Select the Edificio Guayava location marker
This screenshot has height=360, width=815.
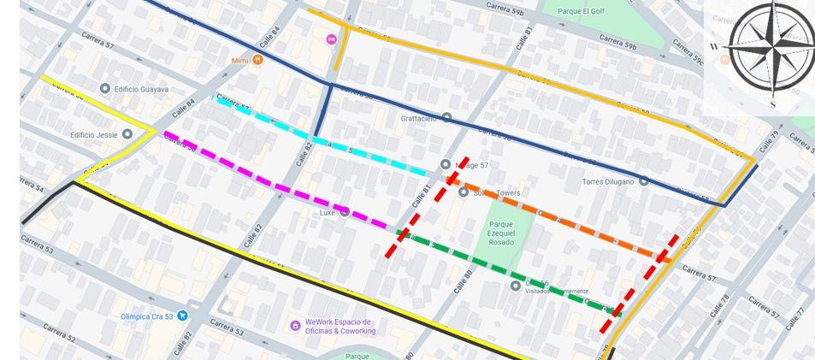point(105,89)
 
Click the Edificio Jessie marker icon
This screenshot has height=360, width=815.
point(127,134)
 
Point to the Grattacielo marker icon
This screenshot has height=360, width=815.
point(446,118)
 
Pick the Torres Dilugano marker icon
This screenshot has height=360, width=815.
point(643,181)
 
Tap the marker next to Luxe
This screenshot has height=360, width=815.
point(345,212)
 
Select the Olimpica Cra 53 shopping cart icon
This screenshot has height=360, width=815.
point(182,316)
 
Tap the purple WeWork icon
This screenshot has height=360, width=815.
point(296,325)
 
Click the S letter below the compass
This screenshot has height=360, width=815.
point(773,104)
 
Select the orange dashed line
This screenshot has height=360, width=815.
point(556,219)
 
